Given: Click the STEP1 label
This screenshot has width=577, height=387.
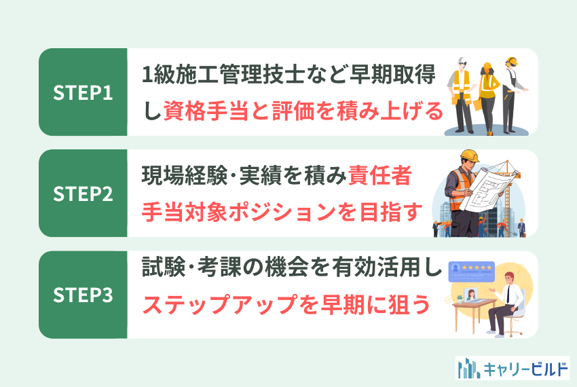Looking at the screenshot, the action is [x=83, y=93].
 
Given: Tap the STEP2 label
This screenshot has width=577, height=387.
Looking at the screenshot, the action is [x=83, y=193].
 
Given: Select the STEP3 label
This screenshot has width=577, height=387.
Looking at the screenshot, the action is [x=83, y=295].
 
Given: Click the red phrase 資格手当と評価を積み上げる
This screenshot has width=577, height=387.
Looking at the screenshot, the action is [x=303, y=111].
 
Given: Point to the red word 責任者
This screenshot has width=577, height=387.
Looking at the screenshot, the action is [x=379, y=175].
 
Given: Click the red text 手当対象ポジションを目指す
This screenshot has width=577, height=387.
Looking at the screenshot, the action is [x=282, y=212].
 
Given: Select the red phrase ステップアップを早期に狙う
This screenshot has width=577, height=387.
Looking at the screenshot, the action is [x=286, y=305].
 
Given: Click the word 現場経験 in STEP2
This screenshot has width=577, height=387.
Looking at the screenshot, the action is [x=185, y=175].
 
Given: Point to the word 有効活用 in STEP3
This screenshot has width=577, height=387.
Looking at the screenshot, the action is [x=376, y=267].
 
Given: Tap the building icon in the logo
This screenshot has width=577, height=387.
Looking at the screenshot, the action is [x=468, y=368].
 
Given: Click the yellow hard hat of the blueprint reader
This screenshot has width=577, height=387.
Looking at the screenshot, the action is [x=470, y=156].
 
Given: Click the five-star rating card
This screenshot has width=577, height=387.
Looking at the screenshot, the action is [x=471, y=272].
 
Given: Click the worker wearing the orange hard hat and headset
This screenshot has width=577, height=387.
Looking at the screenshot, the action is [x=513, y=95].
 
